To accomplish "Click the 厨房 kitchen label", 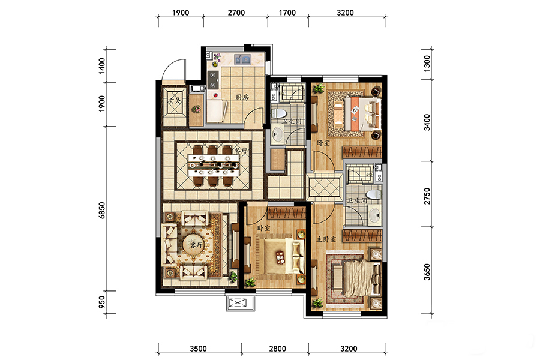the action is tap(242, 97).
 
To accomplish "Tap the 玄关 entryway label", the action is tap(175, 101).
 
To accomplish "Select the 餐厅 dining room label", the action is tap(241, 151).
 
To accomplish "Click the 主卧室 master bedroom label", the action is tap(326, 239).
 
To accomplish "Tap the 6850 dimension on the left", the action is tap(101, 210).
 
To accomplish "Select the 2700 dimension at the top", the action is tap(236, 13).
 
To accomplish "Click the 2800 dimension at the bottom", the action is tap(277, 349).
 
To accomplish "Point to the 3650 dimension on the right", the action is tap(427, 272).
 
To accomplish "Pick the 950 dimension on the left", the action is tap(101, 302).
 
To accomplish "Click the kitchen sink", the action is tap(242, 59).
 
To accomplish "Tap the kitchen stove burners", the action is tap(213, 80).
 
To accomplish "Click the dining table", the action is tap(213, 166).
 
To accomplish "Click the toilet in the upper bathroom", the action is tap(279, 113).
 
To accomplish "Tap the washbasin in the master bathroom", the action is tap(374, 215).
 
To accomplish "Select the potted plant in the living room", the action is tap(233, 275).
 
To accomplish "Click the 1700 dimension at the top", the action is tap(287, 13).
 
